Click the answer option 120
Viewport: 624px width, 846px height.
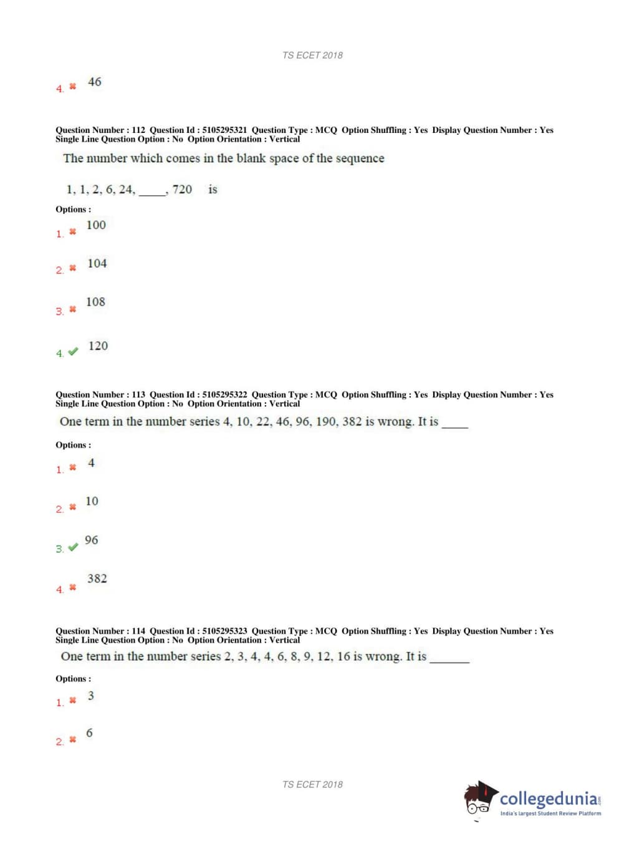(x=98, y=346)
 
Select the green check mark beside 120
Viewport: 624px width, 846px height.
(x=73, y=352)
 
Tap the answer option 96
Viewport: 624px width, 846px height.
(x=92, y=540)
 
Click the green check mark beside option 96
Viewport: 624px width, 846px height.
(x=73, y=547)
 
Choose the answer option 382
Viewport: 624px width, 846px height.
(x=97, y=579)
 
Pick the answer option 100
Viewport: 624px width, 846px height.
(x=96, y=225)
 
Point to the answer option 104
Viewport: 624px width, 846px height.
(x=97, y=264)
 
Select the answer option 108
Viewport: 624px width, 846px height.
(x=95, y=303)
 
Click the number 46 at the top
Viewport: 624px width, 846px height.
(x=95, y=82)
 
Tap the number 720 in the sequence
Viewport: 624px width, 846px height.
(x=182, y=190)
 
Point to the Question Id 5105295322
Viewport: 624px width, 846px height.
(x=224, y=395)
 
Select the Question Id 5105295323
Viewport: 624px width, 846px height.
(x=224, y=631)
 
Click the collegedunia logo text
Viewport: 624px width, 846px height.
(x=549, y=799)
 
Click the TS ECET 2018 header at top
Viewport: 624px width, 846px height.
(x=312, y=56)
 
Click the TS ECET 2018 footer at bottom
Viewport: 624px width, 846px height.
(x=312, y=785)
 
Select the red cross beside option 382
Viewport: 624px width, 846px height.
(x=73, y=588)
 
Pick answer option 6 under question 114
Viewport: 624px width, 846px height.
(x=89, y=734)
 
